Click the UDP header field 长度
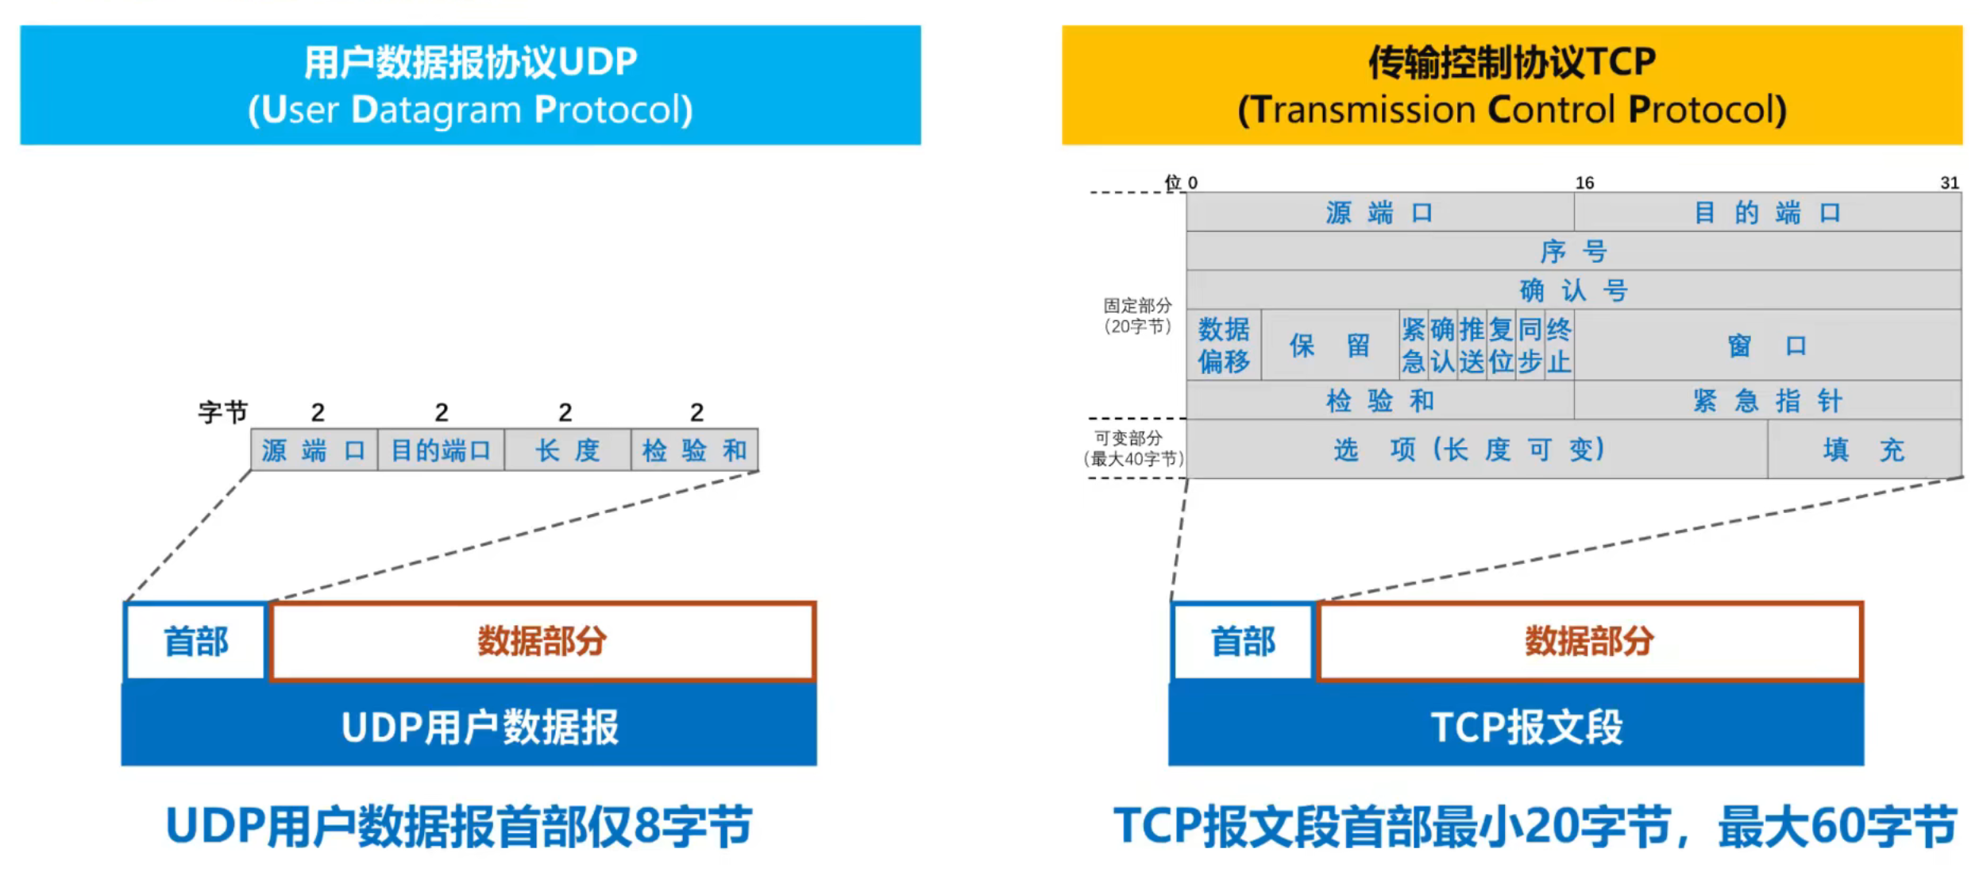tap(567, 450)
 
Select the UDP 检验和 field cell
tap(694, 450)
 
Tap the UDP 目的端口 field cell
tap(441, 450)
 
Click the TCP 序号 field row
tap(1573, 251)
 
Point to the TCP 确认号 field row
tap(1573, 290)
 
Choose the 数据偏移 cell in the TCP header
tap(1223, 345)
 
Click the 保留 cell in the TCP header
tap(1329, 345)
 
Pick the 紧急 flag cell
tap(1413, 345)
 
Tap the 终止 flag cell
tap(1559, 345)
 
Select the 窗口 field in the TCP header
tap(1767, 345)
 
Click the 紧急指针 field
tap(1767, 400)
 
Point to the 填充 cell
tap(1863, 450)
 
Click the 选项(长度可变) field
tap(1476, 450)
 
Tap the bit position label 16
tap(1584, 183)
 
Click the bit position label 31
tap(1949, 183)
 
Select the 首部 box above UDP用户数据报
tap(195, 641)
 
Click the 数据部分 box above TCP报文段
tap(1589, 641)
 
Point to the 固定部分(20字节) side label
tap(1137, 316)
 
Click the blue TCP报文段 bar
tap(1515, 726)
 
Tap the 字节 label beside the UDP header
tap(222, 412)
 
